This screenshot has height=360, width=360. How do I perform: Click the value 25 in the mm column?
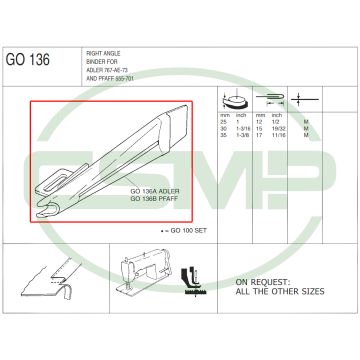[x=225, y=149]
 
